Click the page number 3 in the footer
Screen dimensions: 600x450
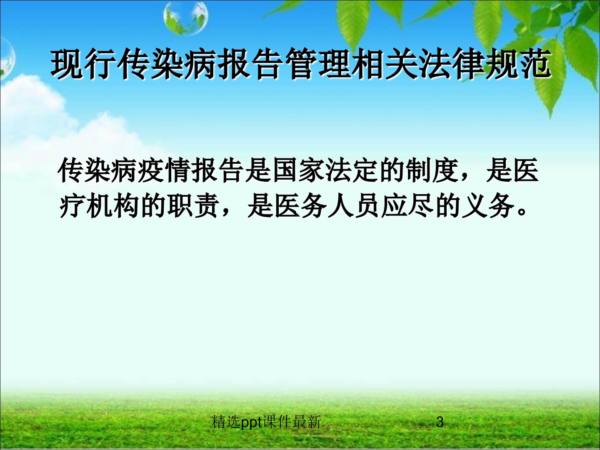tap(440, 421)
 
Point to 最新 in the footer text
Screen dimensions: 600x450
tap(307, 422)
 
